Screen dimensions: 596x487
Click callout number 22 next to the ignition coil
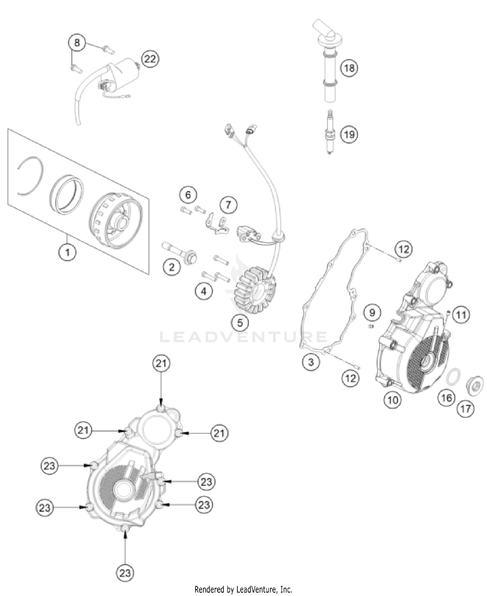pos(150,59)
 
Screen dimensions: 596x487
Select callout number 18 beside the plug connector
pos(349,68)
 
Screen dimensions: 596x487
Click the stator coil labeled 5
pos(255,289)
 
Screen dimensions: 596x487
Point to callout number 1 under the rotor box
pos(68,252)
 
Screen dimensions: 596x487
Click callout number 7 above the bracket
pos(228,205)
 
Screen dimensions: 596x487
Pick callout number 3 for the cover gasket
pos(311,361)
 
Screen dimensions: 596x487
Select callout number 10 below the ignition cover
pos(393,400)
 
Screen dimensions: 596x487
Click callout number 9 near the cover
pos(372,312)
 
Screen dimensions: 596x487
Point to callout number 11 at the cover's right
pos(461,314)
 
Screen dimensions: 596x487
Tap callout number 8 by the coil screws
pos(77,43)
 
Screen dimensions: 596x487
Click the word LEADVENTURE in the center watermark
pos(243,337)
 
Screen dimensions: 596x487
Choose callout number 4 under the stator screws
pos(204,291)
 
